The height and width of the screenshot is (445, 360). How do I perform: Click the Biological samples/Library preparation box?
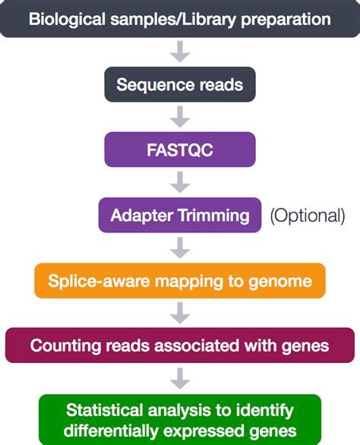180,19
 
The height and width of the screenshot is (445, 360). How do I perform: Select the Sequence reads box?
180,84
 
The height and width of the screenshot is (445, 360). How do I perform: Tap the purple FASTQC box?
180,150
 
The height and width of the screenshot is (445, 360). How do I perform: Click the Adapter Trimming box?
180,215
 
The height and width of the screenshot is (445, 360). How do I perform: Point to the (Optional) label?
307,216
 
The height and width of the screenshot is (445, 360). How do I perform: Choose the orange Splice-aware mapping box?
180,281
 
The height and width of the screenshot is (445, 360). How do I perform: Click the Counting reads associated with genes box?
180,346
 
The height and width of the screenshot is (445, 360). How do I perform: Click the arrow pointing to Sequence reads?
180,52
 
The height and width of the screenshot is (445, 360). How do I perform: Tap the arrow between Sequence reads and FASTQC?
180,117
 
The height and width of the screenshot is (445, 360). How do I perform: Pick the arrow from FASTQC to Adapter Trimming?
180,182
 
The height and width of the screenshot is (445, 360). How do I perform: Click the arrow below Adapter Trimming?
180,248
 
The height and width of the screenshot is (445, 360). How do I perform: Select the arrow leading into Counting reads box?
180,313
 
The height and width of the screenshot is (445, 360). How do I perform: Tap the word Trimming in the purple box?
214,216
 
